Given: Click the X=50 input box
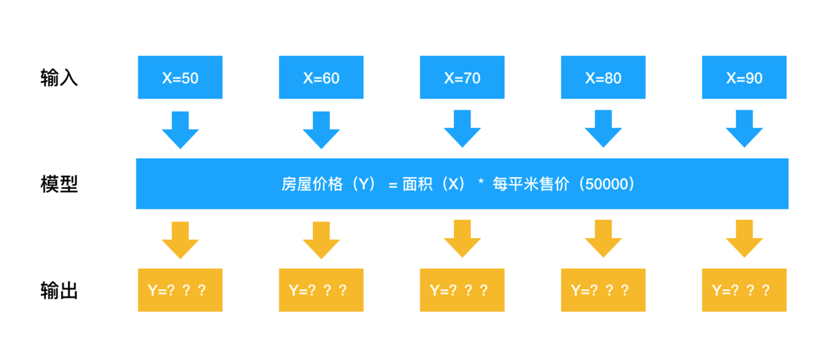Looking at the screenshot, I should point(180,77).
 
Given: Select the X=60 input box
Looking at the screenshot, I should point(321,77).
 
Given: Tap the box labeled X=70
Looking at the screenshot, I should point(462,77).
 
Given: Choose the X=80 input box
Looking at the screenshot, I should point(603,77).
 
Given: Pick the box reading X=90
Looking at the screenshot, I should point(744,77).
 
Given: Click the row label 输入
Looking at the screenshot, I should point(59,78).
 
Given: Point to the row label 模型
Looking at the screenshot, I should point(59,184).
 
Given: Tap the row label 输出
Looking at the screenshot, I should point(59,290).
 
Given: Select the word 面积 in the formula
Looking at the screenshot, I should point(417,184).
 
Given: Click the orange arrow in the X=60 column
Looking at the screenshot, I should point(321,239).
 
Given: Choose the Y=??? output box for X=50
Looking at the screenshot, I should point(180,290).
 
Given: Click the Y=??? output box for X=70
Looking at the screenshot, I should point(462,290).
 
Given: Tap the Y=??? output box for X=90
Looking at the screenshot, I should point(744,290).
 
